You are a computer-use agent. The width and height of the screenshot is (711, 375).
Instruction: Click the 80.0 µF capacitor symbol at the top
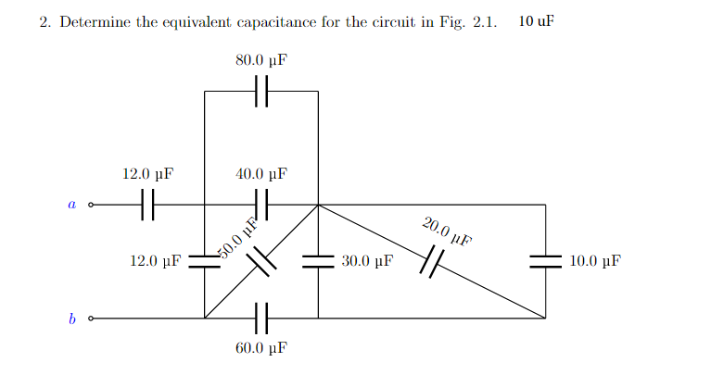coord(261,92)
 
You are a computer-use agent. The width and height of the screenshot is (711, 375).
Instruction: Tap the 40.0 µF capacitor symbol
coord(261,205)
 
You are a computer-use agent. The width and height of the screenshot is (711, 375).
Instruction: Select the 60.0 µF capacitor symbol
coord(261,318)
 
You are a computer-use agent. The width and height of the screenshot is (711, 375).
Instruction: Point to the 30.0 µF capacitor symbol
coord(318,262)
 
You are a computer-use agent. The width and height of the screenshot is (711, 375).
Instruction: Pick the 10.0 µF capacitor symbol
coord(545,262)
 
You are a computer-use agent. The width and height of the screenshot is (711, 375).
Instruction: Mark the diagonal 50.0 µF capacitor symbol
coord(261,262)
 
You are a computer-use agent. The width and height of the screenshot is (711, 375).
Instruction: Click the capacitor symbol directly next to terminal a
coord(147,205)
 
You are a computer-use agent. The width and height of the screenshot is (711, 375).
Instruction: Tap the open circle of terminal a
coord(90,205)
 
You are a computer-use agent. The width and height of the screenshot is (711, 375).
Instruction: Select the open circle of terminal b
coord(90,319)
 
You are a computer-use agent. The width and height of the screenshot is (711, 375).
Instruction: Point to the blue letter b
coord(70,319)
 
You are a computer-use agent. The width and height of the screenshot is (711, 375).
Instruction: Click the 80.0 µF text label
coord(260,60)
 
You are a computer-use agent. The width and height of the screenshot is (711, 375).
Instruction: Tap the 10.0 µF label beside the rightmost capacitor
coord(594,262)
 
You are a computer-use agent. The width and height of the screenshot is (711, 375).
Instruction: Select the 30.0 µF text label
coord(366,262)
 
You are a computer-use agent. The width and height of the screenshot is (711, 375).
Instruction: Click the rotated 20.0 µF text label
coord(447,231)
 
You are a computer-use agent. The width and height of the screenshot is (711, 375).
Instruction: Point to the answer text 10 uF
coord(537,21)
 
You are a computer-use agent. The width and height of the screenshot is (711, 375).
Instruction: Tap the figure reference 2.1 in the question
coord(485,22)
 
